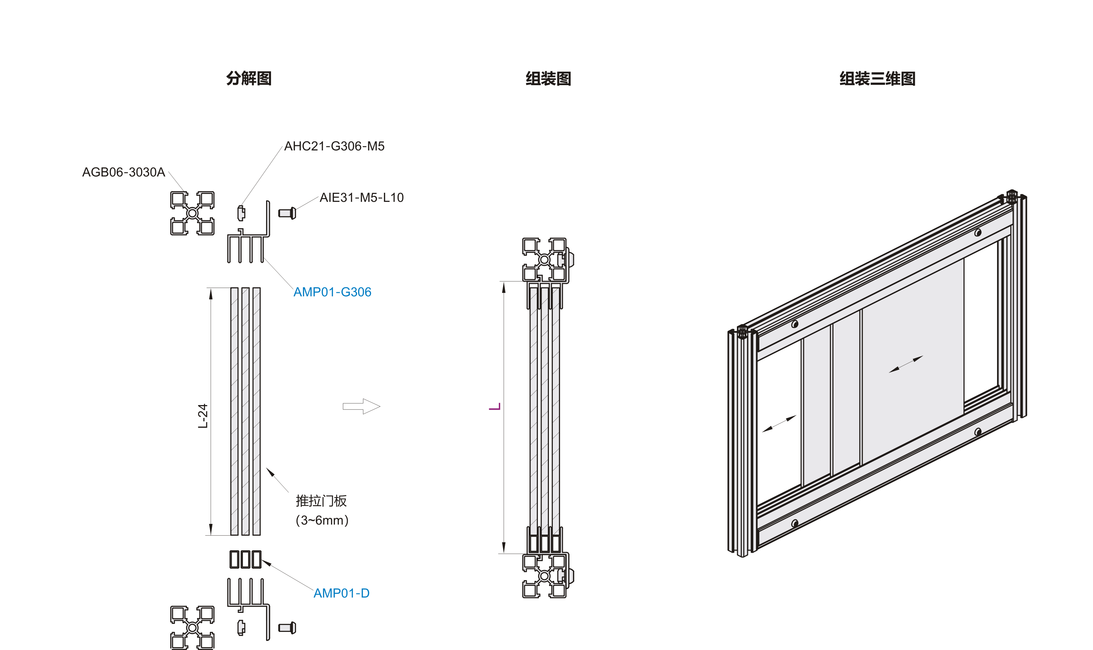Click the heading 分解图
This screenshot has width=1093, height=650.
(249, 79)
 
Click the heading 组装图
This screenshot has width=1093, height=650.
(548, 79)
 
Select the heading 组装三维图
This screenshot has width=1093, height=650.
(877, 79)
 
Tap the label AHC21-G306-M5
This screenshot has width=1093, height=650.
(334, 146)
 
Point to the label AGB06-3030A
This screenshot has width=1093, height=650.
(123, 172)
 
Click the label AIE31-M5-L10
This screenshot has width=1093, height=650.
(361, 198)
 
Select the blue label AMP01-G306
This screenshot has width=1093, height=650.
(332, 292)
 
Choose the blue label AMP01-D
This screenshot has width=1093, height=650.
(341, 593)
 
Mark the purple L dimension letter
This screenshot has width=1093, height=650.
(495, 407)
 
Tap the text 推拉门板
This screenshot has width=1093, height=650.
(321, 501)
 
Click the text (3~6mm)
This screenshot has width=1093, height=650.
(322, 520)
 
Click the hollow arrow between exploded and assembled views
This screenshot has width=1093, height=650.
(361, 406)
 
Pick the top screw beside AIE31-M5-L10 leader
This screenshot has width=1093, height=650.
(287, 213)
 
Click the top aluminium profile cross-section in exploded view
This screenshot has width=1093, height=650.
(192, 213)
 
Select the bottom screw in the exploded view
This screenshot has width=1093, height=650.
(287, 628)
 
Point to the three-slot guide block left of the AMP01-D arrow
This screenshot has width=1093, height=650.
(245, 559)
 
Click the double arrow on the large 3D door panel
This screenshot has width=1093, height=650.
(906, 364)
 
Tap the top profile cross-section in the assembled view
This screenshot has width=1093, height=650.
(544, 260)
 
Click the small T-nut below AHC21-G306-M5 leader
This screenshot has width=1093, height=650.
(241, 213)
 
